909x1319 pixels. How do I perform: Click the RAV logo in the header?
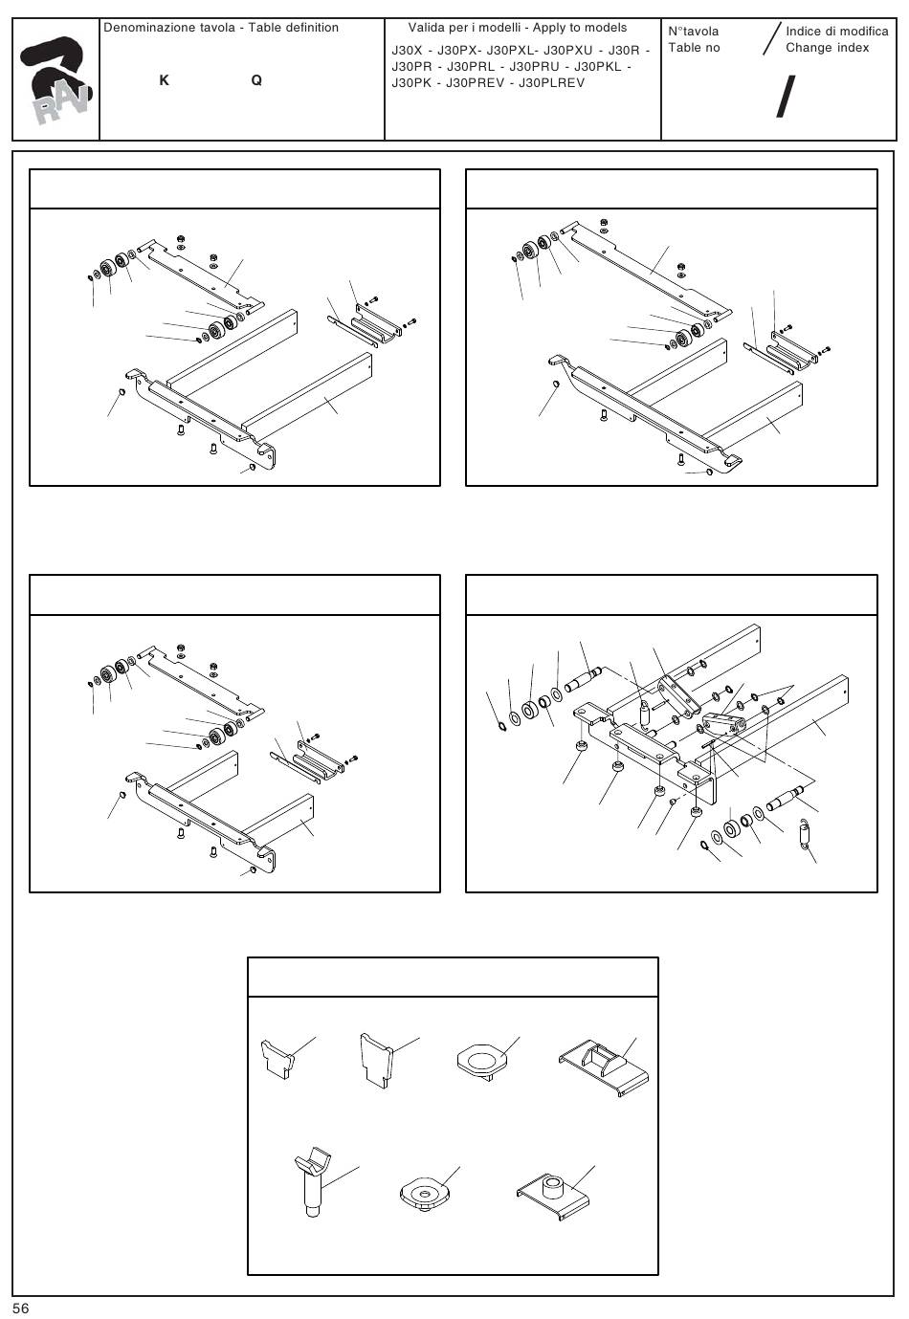[56, 82]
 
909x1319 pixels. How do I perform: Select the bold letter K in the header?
[165, 81]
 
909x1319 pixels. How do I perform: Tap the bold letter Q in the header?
[256, 81]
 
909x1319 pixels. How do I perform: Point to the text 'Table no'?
[694, 48]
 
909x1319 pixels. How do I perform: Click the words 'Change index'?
[827, 48]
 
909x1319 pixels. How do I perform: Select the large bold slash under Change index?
[785, 98]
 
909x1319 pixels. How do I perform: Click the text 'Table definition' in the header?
[293, 28]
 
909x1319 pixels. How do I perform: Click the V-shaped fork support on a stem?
[311, 1182]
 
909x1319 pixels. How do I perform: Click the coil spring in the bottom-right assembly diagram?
[806, 831]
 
